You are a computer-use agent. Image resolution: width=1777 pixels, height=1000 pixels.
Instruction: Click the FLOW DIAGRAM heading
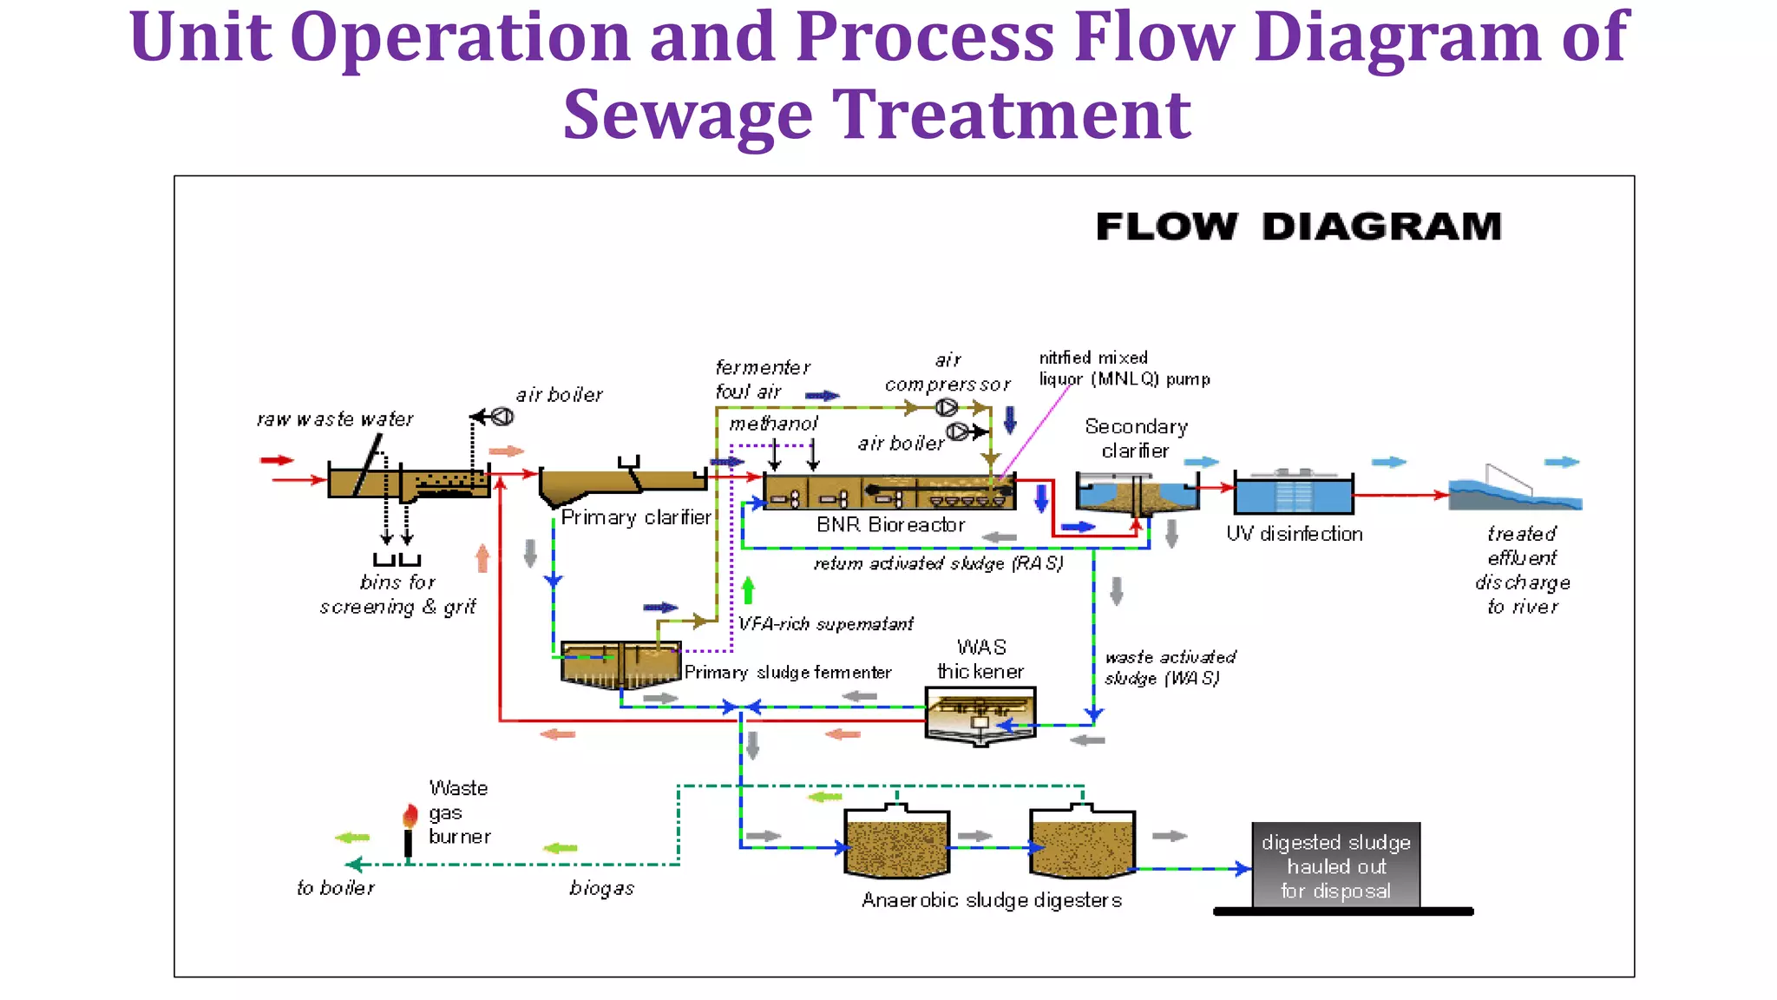point(1298,227)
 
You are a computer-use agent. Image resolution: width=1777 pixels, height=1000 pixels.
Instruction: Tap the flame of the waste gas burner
point(410,815)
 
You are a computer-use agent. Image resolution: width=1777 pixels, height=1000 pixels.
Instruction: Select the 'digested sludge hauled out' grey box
point(1335,865)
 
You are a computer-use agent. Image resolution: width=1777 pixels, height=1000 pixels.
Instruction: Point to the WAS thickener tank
point(980,714)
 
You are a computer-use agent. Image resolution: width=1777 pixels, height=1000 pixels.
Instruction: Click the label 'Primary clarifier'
point(635,518)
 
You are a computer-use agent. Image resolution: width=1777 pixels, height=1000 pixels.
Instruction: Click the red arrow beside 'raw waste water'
point(277,460)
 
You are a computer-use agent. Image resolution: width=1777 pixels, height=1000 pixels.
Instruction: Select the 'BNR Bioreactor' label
point(890,525)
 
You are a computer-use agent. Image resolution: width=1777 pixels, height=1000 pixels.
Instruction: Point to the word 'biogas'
point(601,889)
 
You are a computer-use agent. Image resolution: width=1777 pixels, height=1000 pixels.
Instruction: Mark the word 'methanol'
point(773,424)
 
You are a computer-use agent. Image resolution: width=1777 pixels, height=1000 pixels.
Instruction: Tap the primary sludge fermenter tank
point(620,665)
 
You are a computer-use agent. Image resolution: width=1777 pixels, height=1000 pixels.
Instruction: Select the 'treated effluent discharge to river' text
point(1522,570)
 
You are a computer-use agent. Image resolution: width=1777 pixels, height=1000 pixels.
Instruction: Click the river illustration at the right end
point(1514,495)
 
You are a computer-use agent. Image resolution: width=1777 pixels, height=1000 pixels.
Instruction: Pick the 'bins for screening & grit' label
point(397,595)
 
